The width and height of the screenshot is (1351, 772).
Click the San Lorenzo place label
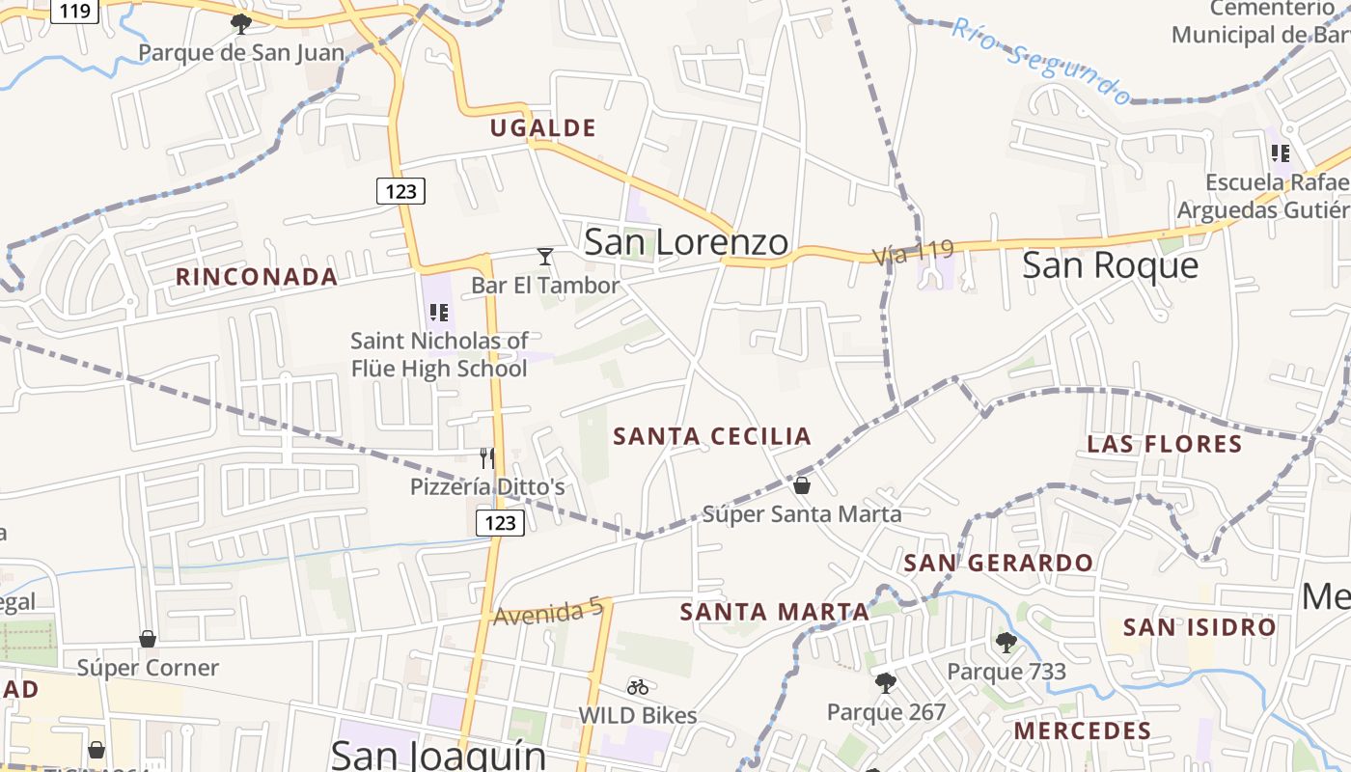point(686,242)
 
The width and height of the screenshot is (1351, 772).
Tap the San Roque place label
point(1110,264)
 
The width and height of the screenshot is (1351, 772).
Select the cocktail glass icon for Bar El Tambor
point(545,257)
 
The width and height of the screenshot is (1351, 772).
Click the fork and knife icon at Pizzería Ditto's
point(487,457)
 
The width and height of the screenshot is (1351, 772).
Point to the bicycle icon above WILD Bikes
point(638,687)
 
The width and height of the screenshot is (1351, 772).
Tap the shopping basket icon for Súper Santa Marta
point(802,484)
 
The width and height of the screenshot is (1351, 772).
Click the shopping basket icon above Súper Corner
point(148,639)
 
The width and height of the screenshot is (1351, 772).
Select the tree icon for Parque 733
point(1006,642)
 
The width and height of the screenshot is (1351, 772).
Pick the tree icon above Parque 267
point(885,683)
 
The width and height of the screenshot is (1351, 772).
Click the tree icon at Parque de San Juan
point(241,23)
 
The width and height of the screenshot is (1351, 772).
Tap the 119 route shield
point(74,11)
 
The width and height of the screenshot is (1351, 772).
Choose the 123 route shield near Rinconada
point(400,191)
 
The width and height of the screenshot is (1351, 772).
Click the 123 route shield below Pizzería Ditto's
point(500,523)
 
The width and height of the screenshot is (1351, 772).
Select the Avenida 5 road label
point(548,612)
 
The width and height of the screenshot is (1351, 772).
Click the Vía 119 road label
point(913,253)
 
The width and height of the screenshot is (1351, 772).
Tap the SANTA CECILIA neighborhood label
point(712,436)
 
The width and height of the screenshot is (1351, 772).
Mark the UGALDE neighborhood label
point(542,127)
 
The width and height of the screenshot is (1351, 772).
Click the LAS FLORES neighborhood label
point(1164,444)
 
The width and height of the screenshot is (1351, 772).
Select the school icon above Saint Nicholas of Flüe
point(439,313)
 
